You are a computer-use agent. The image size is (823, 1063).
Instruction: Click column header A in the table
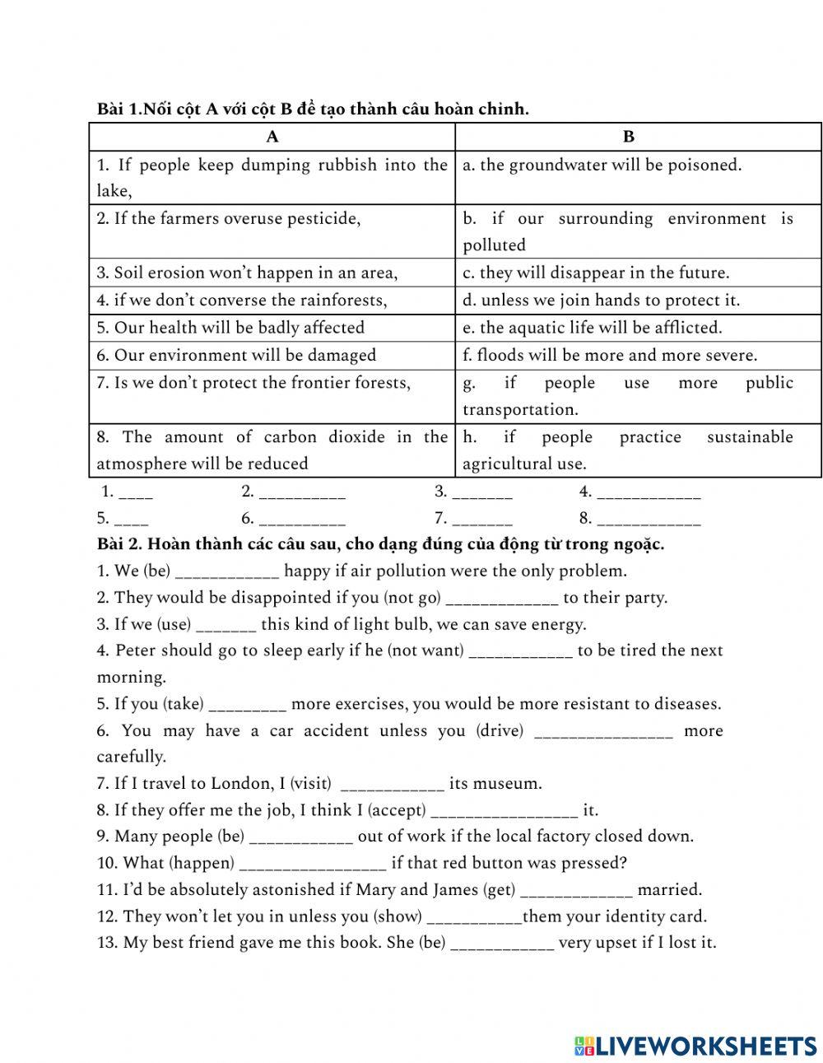[272, 138]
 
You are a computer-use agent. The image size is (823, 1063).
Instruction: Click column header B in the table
[629, 138]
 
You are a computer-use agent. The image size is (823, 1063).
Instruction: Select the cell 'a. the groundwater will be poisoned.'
[602, 166]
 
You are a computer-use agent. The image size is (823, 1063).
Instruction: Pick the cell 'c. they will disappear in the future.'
[596, 273]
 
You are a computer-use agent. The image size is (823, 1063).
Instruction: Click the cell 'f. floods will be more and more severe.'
[610, 356]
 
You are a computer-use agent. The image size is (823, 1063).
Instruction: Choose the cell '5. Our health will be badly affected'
[230, 328]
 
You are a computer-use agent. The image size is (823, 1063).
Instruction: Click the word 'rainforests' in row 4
[343, 301]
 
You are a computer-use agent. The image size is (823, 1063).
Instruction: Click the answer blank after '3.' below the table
[482, 493]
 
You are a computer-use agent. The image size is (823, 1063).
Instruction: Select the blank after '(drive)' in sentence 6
[603, 732]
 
